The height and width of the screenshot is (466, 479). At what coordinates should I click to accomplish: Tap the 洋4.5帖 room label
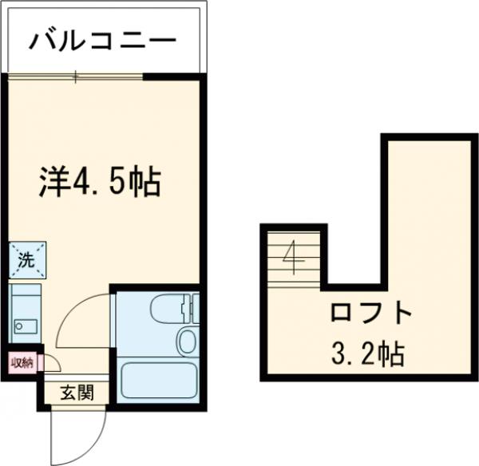pyautogui.click(x=101, y=183)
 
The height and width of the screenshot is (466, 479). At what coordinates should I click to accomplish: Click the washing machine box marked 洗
pyautogui.click(x=26, y=258)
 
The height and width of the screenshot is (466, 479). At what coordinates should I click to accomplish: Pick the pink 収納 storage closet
pyautogui.click(x=22, y=364)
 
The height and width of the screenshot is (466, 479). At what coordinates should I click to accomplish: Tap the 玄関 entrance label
pyautogui.click(x=78, y=392)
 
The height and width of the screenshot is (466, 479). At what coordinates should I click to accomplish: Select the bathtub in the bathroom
pyautogui.click(x=158, y=381)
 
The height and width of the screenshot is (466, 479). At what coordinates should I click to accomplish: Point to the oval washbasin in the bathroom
pyautogui.click(x=187, y=341)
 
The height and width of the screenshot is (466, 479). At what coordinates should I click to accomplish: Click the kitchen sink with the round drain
pyautogui.click(x=22, y=327)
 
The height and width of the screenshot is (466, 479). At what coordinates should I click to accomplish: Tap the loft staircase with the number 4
pyautogui.click(x=294, y=257)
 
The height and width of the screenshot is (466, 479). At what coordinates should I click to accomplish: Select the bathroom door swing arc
pyautogui.click(x=84, y=319)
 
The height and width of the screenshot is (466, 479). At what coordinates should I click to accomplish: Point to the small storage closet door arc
pyautogui.click(x=49, y=361)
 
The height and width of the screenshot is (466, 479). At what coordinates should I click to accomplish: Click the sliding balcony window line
pyautogui.click(x=76, y=77)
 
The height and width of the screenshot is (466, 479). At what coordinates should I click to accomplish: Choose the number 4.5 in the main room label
pyautogui.click(x=105, y=183)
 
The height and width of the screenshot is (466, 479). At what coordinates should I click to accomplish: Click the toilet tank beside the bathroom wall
pyautogui.click(x=190, y=306)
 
